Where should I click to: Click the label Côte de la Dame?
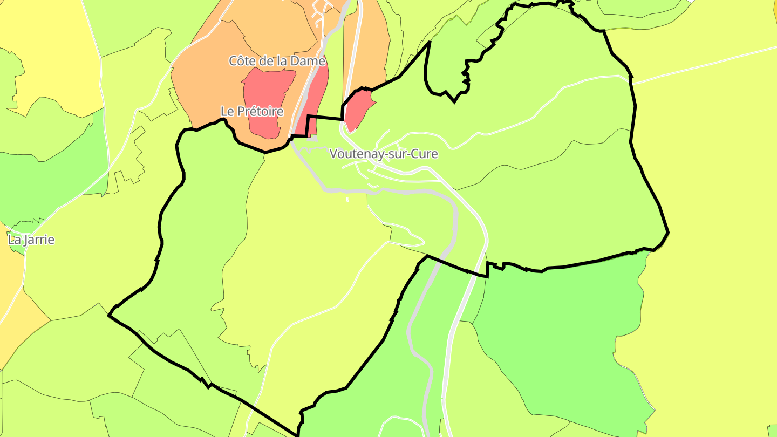(277, 61)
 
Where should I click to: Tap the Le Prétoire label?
(252, 111)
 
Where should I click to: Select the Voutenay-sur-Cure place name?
(383, 154)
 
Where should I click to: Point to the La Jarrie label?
(31, 240)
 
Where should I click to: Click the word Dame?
(310, 61)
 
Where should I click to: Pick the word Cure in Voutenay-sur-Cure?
(424, 154)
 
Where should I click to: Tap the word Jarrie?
(38, 240)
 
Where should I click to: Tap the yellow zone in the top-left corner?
(49, 43)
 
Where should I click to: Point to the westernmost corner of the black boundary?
(110, 314)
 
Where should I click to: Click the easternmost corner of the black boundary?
(668, 233)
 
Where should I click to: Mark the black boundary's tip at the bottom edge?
(297, 434)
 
